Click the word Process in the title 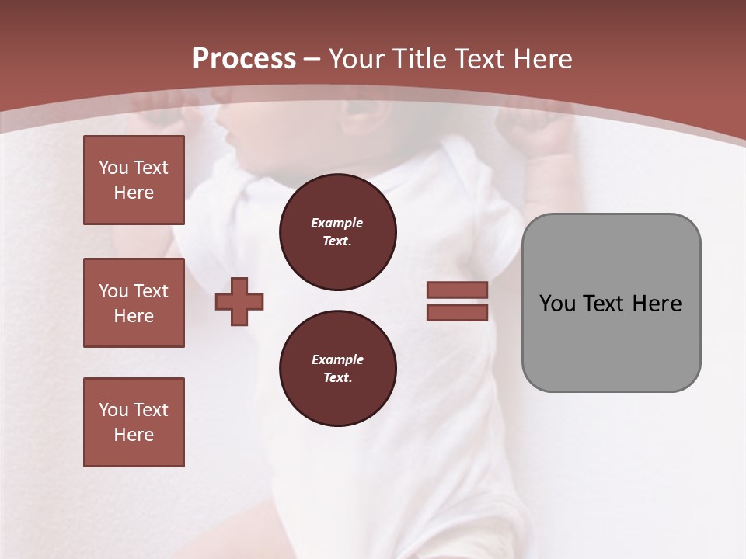(x=244, y=59)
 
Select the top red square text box (x=134, y=180)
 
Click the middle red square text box (x=134, y=303)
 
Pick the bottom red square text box (x=134, y=422)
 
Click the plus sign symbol (x=239, y=301)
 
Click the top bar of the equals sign (x=457, y=290)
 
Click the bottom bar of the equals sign (x=457, y=312)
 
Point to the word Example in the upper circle (x=337, y=223)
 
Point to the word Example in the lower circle (x=337, y=359)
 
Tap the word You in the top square (x=112, y=168)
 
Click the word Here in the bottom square (x=134, y=435)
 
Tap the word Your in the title (x=358, y=59)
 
